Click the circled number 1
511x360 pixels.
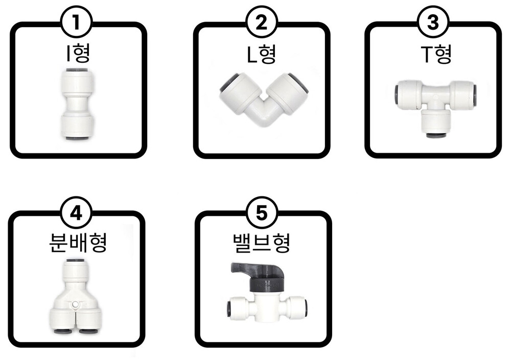click(77, 22)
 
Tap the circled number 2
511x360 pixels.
click(261, 22)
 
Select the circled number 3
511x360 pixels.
click(433, 22)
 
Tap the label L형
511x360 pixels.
click(262, 54)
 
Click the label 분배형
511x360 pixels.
click(78, 243)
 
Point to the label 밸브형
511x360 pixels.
click(262, 243)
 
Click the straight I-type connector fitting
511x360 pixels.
click(77, 104)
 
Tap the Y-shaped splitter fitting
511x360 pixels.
click(76, 296)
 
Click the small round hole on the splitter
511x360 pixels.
click(75, 305)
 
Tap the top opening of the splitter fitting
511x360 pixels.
click(76, 261)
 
